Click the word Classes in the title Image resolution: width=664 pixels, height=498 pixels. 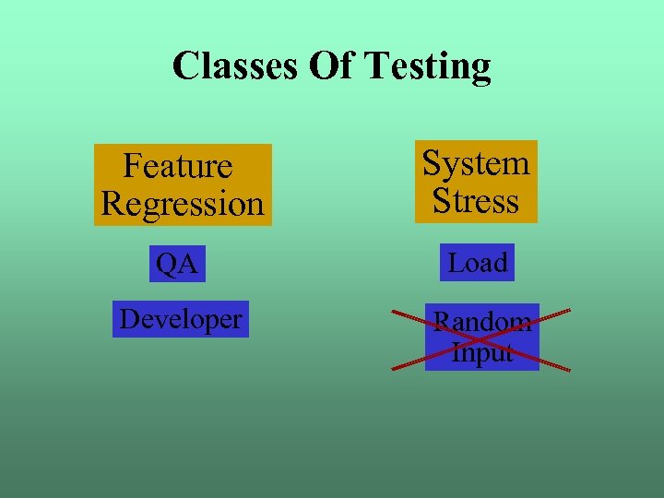(231, 66)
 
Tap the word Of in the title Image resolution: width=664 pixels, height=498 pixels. (327, 66)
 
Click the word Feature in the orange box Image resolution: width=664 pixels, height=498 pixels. (177, 166)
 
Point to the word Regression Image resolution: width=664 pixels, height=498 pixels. (183, 203)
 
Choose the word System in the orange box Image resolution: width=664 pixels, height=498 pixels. (476, 163)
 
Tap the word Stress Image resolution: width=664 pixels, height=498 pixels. (476, 200)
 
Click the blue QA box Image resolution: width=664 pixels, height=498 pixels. (177, 264)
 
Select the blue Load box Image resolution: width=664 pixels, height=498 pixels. (478, 263)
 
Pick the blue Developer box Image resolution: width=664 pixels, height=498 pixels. (181, 319)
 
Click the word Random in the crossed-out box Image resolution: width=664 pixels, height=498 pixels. (482, 322)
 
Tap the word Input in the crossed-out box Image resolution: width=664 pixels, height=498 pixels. (482, 352)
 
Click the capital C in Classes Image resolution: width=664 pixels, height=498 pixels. (185, 66)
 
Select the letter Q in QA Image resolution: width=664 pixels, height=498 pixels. (167, 264)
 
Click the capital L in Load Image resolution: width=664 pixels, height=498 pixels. (455, 263)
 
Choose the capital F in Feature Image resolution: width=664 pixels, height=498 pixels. (131, 166)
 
